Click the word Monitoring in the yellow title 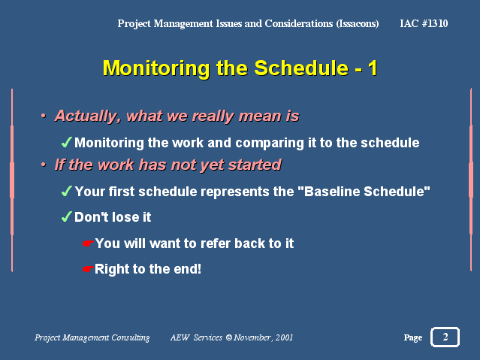(156, 68)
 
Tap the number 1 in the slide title (373, 68)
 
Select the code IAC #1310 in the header (424, 23)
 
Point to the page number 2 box (445, 337)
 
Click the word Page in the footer (413, 337)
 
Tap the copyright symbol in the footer (228, 337)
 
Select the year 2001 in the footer (284, 337)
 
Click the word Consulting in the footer (131, 337)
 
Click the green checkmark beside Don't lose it (67, 216)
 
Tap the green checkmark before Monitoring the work (67, 142)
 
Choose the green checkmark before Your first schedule (67, 191)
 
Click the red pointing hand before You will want (88, 244)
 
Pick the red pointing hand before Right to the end (88, 269)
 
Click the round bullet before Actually (44, 116)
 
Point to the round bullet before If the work (44, 165)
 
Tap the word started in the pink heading (255, 165)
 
